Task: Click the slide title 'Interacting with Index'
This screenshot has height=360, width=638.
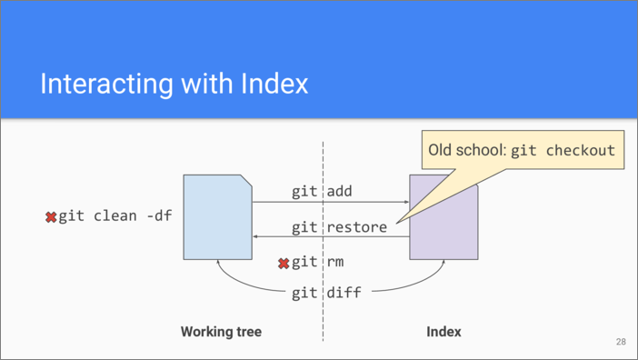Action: [x=174, y=85]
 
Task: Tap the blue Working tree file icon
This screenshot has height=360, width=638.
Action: [x=217, y=217]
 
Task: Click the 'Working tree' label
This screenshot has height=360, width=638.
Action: [x=221, y=332]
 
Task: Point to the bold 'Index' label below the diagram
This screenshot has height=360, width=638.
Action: [x=444, y=332]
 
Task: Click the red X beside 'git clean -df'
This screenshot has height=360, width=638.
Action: [x=51, y=217]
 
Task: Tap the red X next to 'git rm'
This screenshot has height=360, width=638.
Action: [x=284, y=264]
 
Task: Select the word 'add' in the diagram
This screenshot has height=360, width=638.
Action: [x=339, y=192]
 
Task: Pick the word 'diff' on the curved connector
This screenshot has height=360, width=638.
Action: [x=344, y=293]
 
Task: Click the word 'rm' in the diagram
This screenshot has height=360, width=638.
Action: [x=335, y=263]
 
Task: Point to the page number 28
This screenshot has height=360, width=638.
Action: [x=621, y=342]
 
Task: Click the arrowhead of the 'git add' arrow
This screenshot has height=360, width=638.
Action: [x=406, y=202]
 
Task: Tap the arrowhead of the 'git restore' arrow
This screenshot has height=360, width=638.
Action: [x=256, y=236]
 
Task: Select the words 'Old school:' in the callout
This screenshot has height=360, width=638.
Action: [x=466, y=151]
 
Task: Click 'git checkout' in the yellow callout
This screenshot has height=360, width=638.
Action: [x=563, y=151]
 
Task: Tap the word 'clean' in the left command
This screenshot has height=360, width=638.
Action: [x=116, y=216]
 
